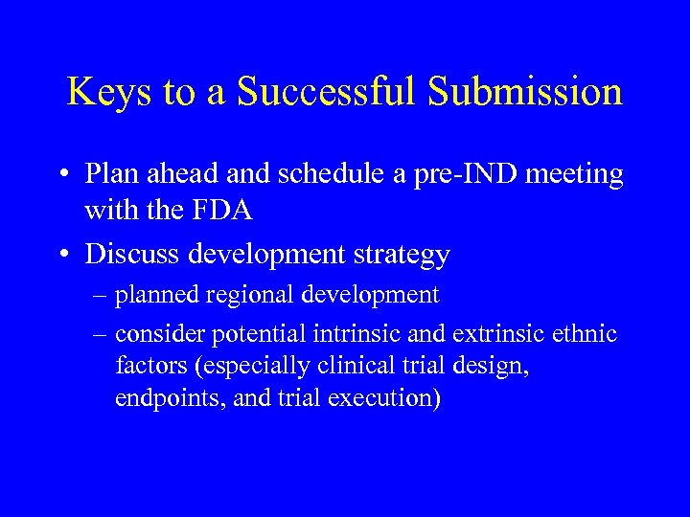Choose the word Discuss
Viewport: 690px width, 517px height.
coord(130,255)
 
